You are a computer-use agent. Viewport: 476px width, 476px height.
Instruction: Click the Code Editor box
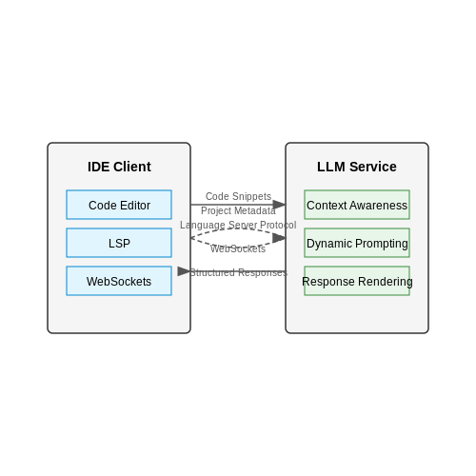coord(119,205)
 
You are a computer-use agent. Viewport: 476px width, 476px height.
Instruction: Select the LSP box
coord(119,243)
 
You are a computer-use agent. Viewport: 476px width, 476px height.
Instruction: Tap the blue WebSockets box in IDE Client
coord(119,281)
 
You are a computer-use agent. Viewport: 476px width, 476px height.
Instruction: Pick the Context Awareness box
coord(357,205)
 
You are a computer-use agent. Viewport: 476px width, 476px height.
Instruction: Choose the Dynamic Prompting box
coord(357,243)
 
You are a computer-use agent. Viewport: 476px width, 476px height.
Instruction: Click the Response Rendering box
coord(357,281)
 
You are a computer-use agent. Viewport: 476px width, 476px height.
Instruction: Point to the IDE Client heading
coord(119,167)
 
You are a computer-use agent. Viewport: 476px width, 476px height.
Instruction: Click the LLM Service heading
coord(357,167)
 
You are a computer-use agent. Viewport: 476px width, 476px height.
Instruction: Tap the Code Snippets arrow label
coord(238,196)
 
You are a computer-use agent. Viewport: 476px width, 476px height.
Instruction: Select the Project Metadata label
coord(238,210)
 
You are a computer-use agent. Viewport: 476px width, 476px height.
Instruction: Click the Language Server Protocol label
coord(238,225)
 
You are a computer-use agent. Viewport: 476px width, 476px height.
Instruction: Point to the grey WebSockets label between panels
coord(238,248)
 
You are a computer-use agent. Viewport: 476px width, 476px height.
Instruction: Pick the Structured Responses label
coord(238,272)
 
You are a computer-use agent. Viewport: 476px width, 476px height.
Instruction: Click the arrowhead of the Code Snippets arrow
coord(279,205)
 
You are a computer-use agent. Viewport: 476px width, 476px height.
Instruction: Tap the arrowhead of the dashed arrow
coord(279,238)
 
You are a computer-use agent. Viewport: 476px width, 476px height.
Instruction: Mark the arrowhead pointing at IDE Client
coord(184,271)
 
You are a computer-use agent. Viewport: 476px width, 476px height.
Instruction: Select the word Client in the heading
coord(132,167)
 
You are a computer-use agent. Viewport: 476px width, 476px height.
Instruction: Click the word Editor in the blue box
coord(135,206)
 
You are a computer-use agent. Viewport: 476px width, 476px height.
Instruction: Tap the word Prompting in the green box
coord(382,244)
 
